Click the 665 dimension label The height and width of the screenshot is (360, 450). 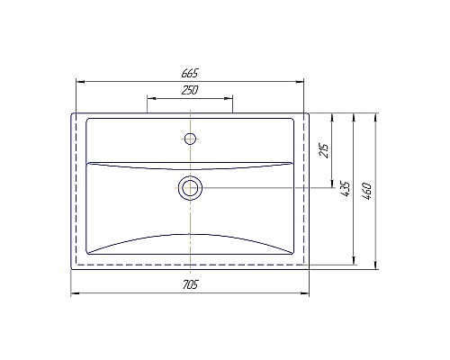click(189, 73)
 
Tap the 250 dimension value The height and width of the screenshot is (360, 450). click(189, 90)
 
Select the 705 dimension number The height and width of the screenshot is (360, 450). click(189, 285)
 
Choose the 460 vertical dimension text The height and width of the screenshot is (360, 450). click(367, 190)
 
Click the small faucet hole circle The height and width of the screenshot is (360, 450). click(190, 139)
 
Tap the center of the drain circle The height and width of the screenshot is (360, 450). click(190, 187)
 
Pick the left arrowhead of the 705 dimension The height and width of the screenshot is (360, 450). click(74, 293)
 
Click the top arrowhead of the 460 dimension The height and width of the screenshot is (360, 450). click(374, 116)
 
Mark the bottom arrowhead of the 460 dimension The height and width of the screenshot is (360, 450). click(374, 267)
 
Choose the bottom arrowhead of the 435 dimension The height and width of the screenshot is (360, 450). click(354, 258)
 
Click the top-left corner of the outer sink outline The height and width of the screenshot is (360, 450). click(72, 113)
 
